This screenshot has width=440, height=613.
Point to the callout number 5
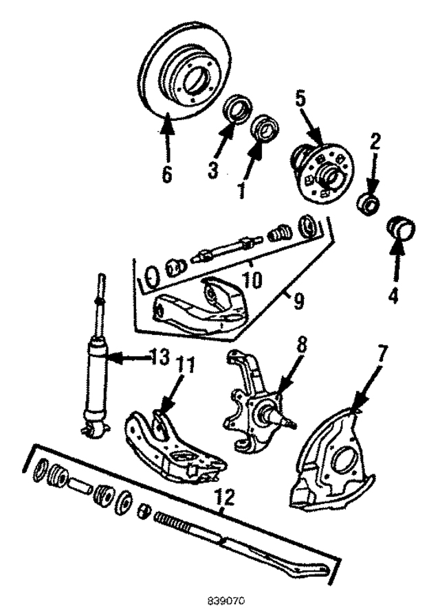tap(300, 98)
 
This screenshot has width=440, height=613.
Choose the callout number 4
tap(394, 297)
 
